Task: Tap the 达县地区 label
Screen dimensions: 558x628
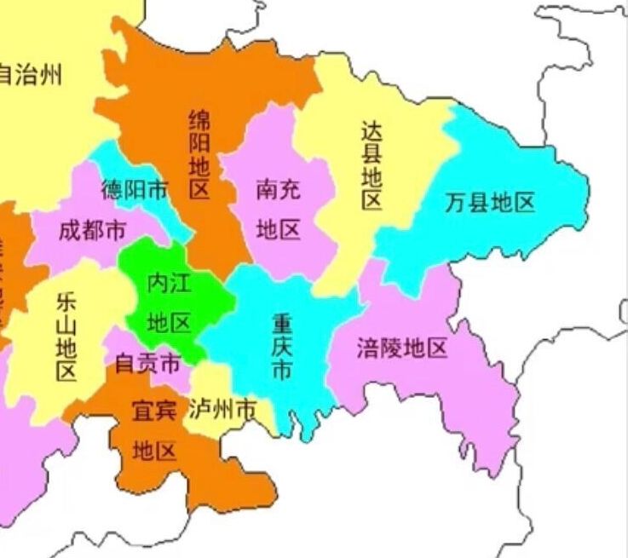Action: coord(372,165)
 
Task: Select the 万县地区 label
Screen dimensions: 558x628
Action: coord(490,203)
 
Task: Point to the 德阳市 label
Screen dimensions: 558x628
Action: coord(135,189)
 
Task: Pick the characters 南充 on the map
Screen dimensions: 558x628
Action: coord(279,189)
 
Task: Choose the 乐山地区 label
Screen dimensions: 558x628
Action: coord(66,337)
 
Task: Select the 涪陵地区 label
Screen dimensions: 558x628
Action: coord(402,348)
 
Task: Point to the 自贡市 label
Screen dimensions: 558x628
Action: coord(147,364)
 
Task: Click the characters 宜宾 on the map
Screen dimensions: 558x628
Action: coord(154,411)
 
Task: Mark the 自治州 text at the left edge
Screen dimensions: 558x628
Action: coord(30,74)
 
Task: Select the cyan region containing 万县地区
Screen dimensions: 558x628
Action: coord(511,170)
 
